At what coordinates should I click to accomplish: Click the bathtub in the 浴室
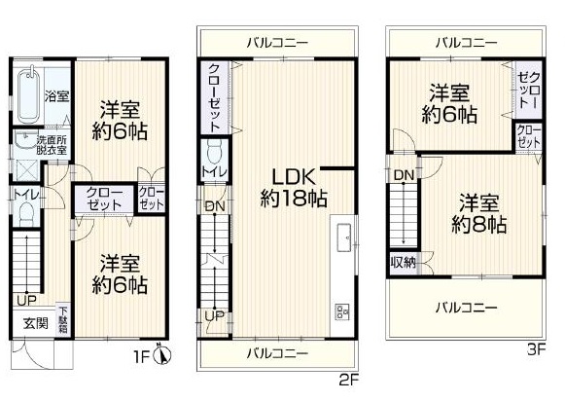(29, 94)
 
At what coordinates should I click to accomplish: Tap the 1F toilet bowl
(25, 215)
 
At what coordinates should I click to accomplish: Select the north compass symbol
(161, 354)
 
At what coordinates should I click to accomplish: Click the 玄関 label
(36, 323)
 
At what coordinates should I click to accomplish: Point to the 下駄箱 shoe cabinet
(63, 320)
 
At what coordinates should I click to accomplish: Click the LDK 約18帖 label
(294, 188)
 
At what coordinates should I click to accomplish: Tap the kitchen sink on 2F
(344, 237)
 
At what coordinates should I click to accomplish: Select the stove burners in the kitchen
(342, 311)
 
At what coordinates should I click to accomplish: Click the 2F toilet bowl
(215, 153)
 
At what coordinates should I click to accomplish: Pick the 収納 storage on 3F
(404, 262)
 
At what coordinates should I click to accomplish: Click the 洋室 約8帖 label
(478, 214)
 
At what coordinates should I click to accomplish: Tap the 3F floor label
(537, 349)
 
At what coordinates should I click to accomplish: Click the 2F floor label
(348, 381)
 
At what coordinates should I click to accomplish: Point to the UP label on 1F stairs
(26, 300)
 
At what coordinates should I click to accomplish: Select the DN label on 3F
(404, 175)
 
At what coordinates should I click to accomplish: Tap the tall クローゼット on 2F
(214, 97)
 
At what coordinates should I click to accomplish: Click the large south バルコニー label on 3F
(467, 308)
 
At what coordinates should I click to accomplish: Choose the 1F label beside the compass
(142, 357)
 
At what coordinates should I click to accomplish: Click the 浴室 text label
(57, 96)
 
